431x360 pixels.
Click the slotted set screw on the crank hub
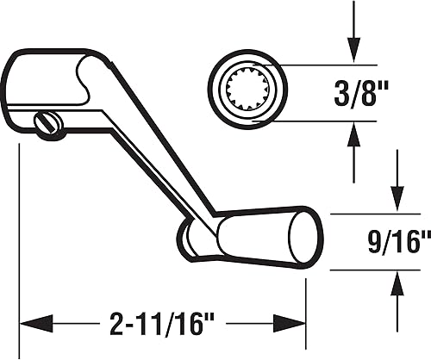tap(48, 126)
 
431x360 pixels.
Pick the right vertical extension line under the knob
tap(306, 301)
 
